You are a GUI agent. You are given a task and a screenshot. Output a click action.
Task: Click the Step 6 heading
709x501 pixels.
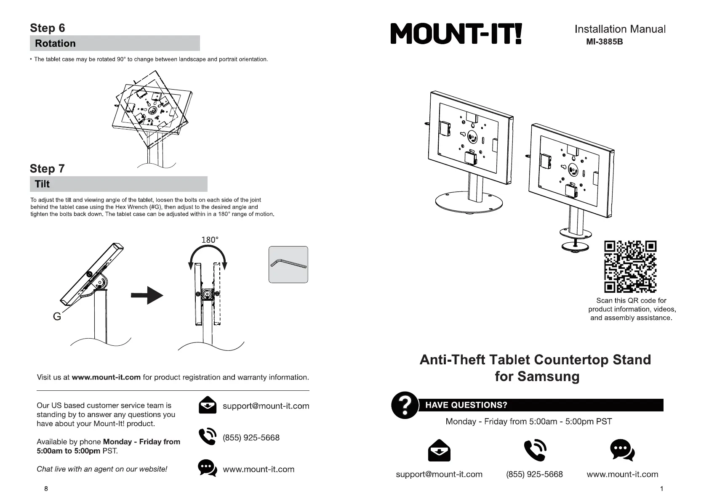[48, 28]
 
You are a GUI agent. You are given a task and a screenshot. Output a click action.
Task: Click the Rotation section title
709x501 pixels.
[55, 43]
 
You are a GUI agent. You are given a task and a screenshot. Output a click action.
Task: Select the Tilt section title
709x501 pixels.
[42, 184]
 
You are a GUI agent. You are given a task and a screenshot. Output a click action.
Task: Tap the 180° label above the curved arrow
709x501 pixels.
[210, 240]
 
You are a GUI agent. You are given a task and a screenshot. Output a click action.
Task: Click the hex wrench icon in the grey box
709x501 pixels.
[288, 265]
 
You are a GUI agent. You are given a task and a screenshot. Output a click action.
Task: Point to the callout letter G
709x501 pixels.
[57, 316]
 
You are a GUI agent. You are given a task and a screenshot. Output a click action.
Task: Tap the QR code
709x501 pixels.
[630, 267]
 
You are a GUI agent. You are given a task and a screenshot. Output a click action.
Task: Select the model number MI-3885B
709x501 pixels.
[604, 42]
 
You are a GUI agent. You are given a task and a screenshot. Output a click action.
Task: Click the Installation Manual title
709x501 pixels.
[620, 29]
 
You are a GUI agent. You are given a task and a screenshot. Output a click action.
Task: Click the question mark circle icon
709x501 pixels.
[405, 405]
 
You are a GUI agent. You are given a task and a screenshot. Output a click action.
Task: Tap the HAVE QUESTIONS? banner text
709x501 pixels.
[466, 405]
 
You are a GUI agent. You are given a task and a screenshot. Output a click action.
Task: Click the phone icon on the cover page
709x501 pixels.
[535, 451]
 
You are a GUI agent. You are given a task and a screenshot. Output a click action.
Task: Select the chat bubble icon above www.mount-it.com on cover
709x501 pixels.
[622, 450]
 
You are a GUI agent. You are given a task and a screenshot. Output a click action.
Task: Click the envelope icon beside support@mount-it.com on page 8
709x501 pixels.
[207, 405]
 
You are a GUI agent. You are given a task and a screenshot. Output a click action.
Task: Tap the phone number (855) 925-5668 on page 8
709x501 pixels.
[251, 437]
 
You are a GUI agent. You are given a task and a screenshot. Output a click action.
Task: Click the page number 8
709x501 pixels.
[46, 488]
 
